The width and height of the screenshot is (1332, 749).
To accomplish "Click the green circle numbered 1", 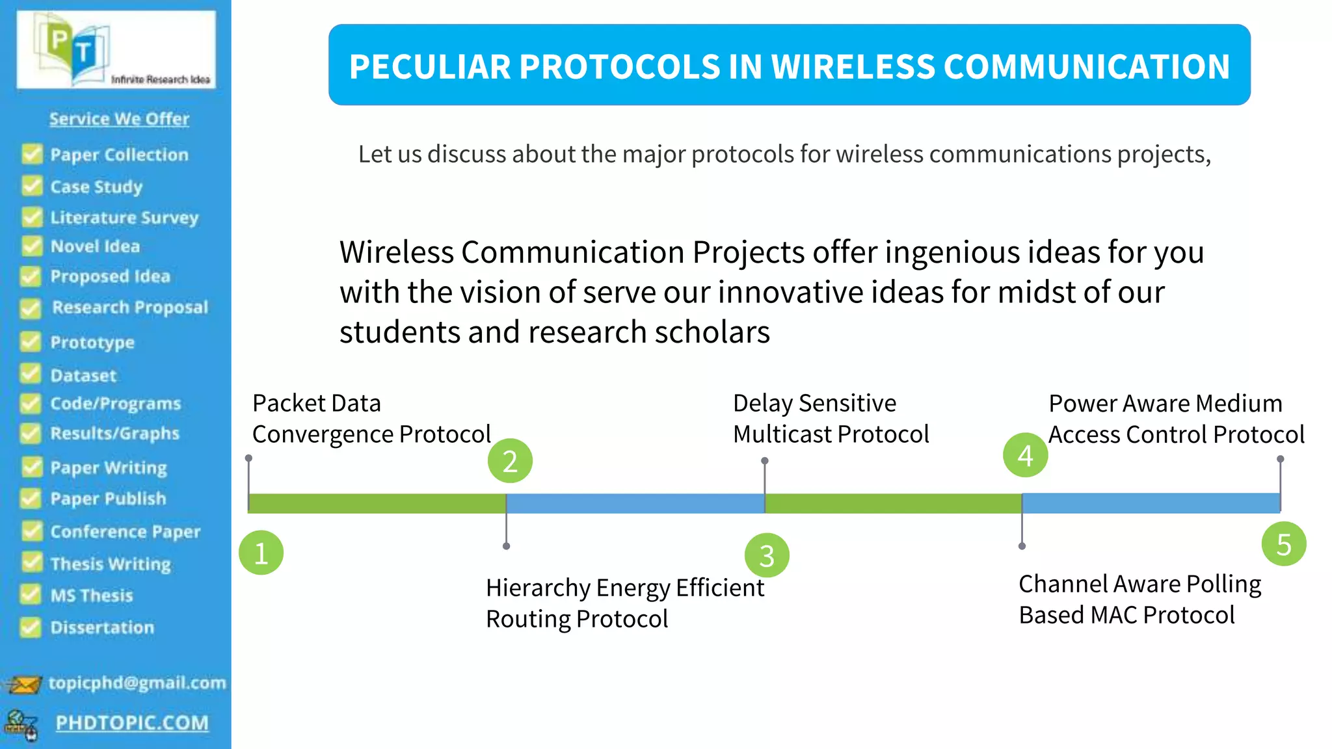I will click(261, 553).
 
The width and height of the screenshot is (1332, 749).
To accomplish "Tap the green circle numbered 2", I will click(510, 461).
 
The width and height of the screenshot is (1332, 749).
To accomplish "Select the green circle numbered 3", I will click(767, 556).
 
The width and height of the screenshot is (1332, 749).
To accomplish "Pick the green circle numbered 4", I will click(1025, 455).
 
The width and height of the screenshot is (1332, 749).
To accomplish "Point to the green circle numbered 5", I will click(1283, 544).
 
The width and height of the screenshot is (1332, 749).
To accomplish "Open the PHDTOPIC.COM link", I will click(132, 723).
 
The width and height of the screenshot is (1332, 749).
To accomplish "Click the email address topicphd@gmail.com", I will click(137, 683).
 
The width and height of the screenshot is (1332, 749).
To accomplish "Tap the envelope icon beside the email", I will click(23, 685).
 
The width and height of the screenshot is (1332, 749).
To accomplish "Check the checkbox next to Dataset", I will click(31, 374).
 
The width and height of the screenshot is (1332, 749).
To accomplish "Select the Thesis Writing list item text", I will click(111, 564).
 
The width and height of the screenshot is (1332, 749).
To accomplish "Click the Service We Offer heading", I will click(119, 119).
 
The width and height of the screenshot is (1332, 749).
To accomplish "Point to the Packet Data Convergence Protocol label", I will click(371, 418).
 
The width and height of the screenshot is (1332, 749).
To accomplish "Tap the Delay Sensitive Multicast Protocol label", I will click(830, 418).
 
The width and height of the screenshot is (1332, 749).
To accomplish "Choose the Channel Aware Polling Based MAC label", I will click(1139, 599).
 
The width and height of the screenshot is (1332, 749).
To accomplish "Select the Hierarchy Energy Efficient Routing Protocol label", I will click(624, 603).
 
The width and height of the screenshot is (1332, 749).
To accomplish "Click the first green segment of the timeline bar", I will click(377, 503).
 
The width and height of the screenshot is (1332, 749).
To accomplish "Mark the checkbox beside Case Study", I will click(31, 186).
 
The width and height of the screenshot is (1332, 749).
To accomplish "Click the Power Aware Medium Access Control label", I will click(1176, 419).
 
